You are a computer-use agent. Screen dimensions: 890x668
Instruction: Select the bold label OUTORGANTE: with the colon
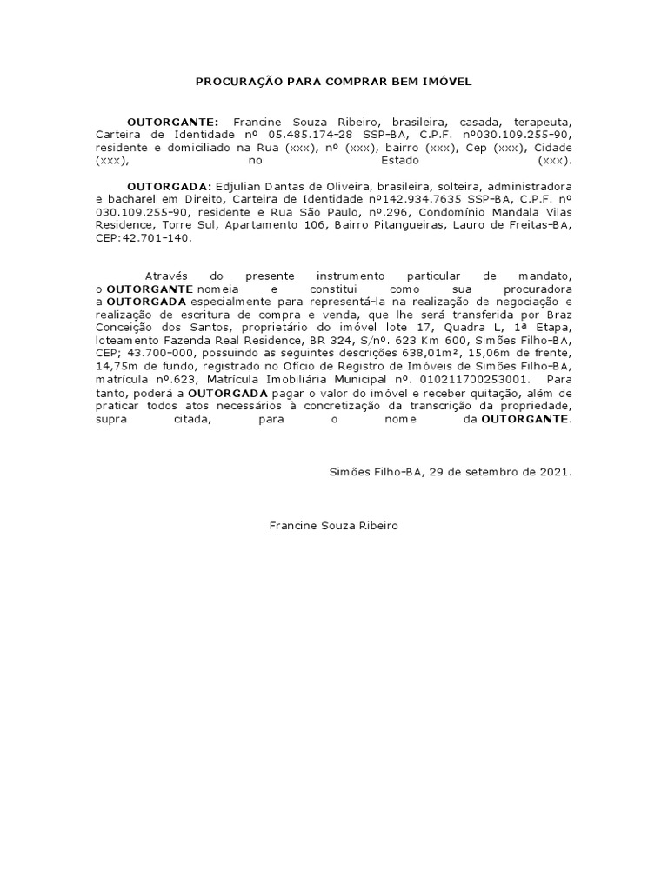[173, 123]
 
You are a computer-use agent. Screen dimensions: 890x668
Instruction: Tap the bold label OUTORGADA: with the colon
[169, 187]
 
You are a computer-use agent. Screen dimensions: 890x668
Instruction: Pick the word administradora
[530, 187]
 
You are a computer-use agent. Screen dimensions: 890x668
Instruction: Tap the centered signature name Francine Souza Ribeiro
[334, 527]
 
